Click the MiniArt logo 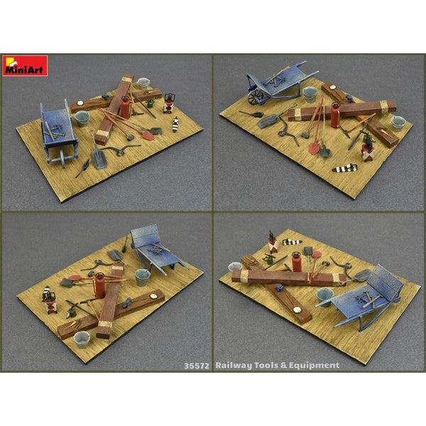pyautogui.click(x=25, y=65)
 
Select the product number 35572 pyautogui.click(x=197, y=366)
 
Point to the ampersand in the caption pyautogui.click(x=283, y=366)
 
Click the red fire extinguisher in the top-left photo pyautogui.click(x=125, y=107)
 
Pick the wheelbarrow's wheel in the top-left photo pyautogui.click(x=62, y=158)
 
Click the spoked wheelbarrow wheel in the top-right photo pyautogui.click(x=256, y=97)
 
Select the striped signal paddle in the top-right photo pyautogui.click(x=344, y=168)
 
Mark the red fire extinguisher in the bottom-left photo pyautogui.click(x=99, y=285)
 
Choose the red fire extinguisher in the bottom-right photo pyautogui.click(x=297, y=261)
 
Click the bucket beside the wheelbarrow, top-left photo pyautogui.click(x=82, y=119)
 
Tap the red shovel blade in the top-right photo pyautogui.click(x=314, y=148)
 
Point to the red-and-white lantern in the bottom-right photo pyautogui.click(x=272, y=242)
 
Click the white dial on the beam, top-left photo pyautogui.click(x=80, y=103)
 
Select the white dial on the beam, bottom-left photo pyautogui.click(x=153, y=296)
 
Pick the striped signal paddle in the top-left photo pyautogui.click(x=175, y=124)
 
